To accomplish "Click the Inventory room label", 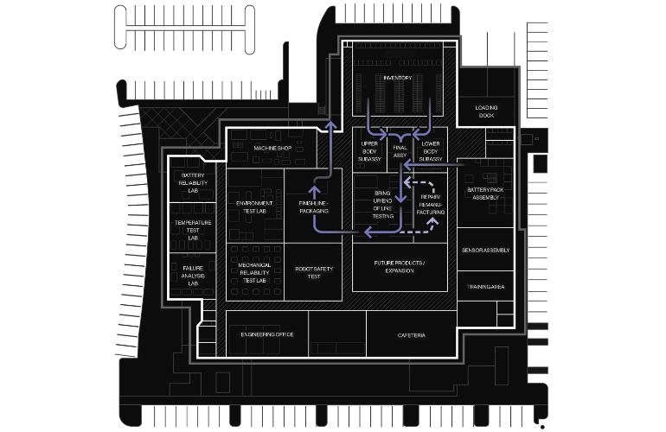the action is [398, 78].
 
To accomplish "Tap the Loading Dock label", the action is [486, 111].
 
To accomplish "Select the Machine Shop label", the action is [272, 148].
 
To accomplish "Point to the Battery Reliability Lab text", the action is [193, 183].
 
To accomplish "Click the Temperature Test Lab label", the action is [193, 230].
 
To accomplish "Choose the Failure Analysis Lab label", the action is [193, 276].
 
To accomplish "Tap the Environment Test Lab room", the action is [254, 207].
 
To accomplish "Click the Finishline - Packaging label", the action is [314, 207].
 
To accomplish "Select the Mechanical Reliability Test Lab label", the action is [254, 272].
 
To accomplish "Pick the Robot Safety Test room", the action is [314, 272].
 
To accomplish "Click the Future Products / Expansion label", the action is [400, 266].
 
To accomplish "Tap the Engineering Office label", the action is [267, 334].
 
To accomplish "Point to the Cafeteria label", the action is [412, 335].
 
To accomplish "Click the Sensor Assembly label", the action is [485, 251].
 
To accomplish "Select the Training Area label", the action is [486, 287].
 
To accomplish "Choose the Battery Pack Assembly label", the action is [485, 194].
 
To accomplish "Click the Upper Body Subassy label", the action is [369, 151].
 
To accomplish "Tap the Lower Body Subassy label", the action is [431, 151].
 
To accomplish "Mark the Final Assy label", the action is [400, 151].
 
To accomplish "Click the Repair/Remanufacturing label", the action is [431, 205].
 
